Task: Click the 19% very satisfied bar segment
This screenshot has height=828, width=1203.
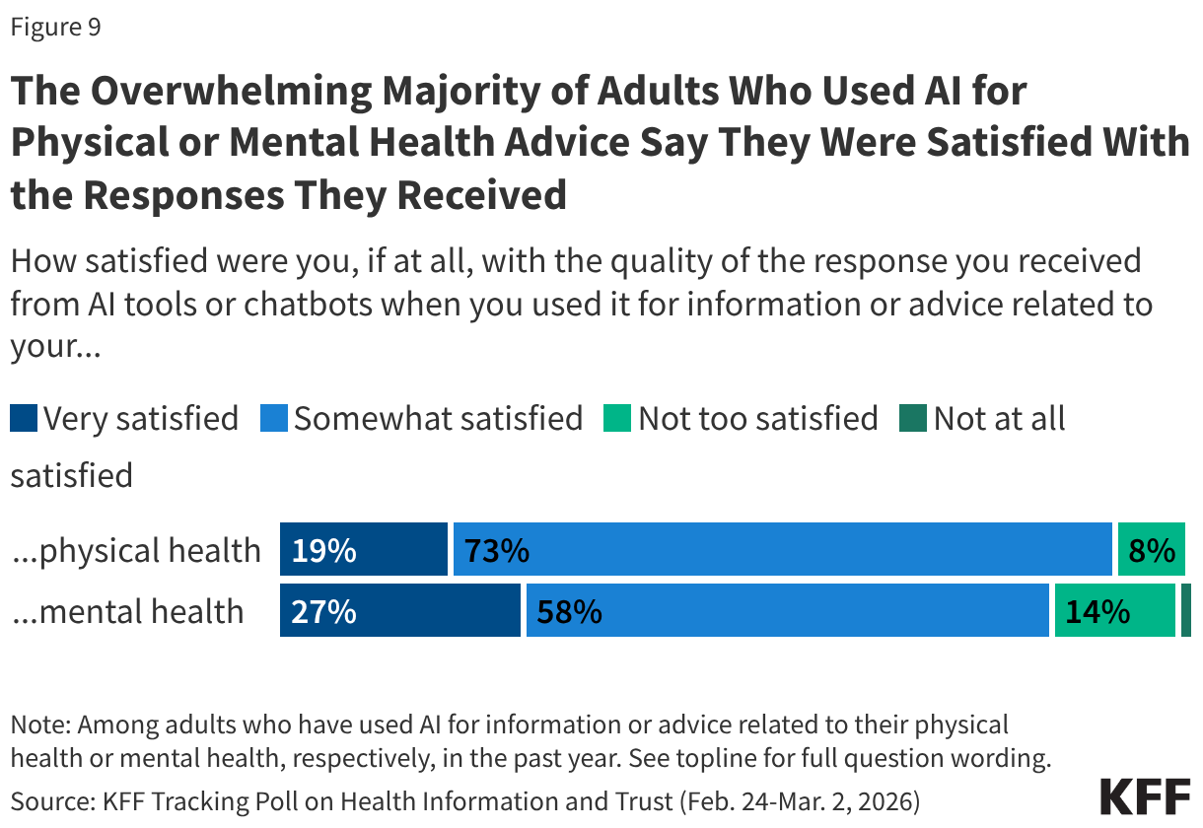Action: pyautogui.click(x=363, y=550)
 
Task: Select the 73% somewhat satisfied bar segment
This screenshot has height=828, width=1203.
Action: pyautogui.click(x=782, y=550)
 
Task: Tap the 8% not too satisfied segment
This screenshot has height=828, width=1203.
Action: pyautogui.click(x=1151, y=550)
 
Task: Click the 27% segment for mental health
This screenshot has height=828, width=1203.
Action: pyautogui.click(x=399, y=611)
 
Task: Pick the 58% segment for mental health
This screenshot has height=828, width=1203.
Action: pyautogui.click(x=787, y=611)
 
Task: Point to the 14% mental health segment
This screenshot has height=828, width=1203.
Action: pyautogui.click(x=1114, y=611)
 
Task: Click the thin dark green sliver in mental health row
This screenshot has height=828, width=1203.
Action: pyautogui.click(x=1186, y=611)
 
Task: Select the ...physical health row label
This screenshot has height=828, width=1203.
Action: pyautogui.click(x=136, y=550)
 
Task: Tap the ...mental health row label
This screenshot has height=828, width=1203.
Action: pyautogui.click(x=127, y=611)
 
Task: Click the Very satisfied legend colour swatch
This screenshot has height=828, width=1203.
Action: pyautogui.click(x=24, y=419)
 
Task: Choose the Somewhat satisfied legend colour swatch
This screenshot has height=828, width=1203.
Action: pyautogui.click(x=274, y=419)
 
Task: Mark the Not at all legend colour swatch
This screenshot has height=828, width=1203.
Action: pyautogui.click(x=913, y=419)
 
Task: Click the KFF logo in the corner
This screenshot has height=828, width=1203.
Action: pyautogui.click(x=1145, y=795)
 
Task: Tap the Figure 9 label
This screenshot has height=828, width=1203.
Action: pyautogui.click(x=55, y=28)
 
